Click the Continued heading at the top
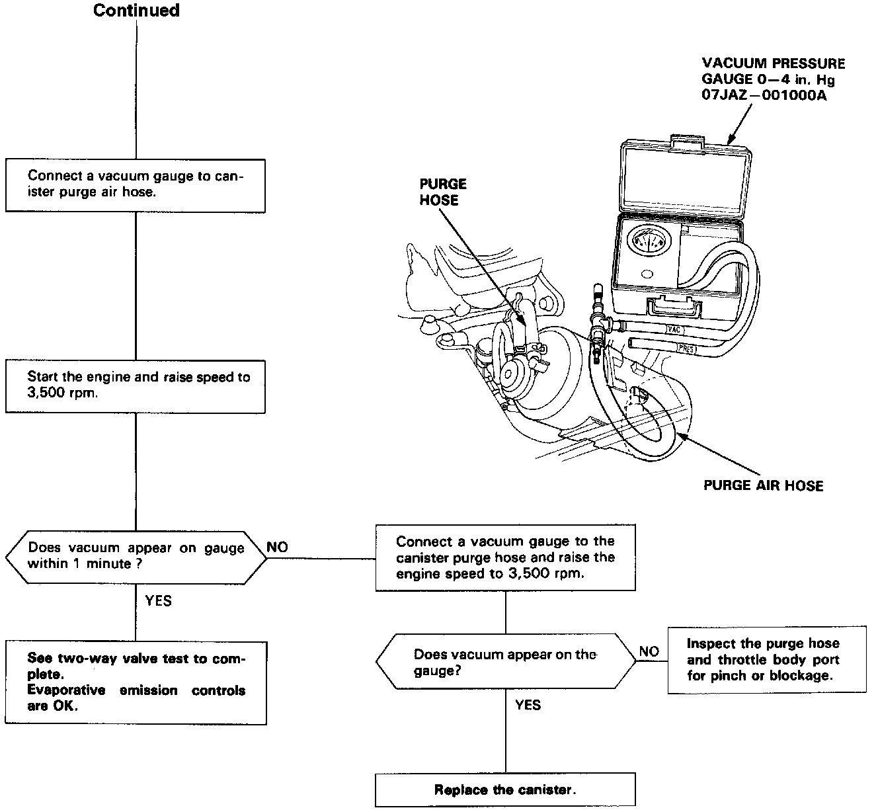click(136, 11)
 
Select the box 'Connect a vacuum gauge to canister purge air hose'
click(136, 185)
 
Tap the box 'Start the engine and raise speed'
click(136, 386)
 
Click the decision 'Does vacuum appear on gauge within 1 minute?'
click(136, 557)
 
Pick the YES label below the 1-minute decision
click(158, 600)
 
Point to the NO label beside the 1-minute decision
click(278, 548)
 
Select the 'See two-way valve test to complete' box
click(136, 682)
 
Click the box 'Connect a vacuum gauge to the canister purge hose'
click(505, 557)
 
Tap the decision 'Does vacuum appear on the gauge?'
click(505, 662)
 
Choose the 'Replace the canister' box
click(505, 790)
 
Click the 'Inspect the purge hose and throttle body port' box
click(766, 659)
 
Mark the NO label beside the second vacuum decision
click(649, 651)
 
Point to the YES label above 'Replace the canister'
click(528, 705)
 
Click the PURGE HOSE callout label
click(443, 192)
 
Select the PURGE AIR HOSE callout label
click(763, 485)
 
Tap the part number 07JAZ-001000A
click(764, 95)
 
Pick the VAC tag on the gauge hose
click(674, 329)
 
